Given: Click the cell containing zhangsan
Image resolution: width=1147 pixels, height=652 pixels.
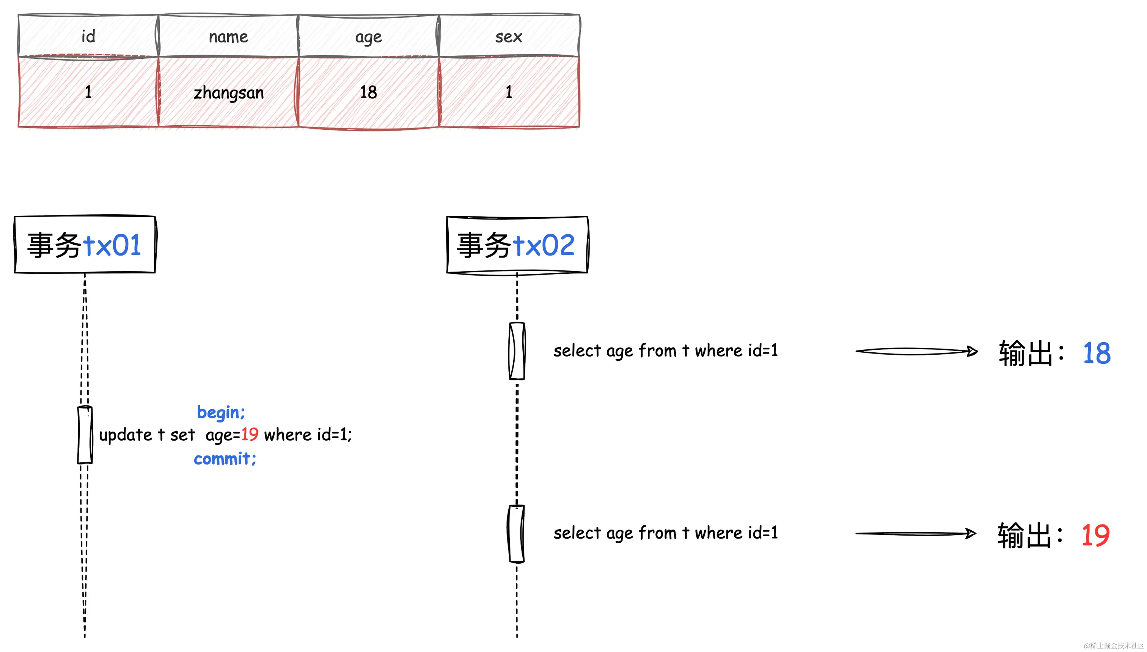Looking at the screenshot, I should coord(228,92).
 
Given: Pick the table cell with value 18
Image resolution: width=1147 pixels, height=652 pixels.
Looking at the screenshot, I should coord(368,92).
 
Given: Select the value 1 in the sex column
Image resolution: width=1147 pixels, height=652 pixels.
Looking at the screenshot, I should coord(509,92).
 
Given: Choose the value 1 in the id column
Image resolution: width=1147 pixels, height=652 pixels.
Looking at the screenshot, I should coord(88,92).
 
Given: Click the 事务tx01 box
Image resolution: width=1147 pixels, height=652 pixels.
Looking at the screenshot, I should coord(85,245).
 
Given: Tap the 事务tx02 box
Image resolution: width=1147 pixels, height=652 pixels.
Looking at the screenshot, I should coord(517,245).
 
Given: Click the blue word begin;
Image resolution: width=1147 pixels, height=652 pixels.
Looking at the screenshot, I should coord(221,412).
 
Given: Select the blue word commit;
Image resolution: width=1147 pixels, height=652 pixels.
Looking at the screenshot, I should coord(225,459).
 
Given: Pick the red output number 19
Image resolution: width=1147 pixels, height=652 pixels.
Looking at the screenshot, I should coord(1095,535).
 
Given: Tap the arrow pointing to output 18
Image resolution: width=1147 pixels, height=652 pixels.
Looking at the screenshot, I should coord(916,352).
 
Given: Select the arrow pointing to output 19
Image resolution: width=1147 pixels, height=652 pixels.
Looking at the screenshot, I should coord(916,534).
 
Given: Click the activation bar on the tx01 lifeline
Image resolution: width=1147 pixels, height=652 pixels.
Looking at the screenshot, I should coord(85,434).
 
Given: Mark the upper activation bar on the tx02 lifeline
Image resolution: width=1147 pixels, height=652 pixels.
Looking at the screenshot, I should coord(517,350).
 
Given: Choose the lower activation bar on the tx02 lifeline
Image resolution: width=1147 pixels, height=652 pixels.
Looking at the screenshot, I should coord(516,533).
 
